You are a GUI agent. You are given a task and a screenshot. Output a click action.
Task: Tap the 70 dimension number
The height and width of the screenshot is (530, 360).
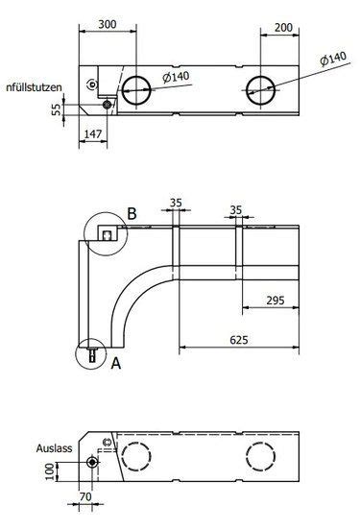click(x=84, y=497)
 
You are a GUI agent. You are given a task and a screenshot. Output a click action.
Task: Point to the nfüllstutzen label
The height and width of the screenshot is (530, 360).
click(x=34, y=86)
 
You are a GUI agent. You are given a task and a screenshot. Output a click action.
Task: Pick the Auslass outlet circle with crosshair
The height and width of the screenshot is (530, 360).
click(x=92, y=462)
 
